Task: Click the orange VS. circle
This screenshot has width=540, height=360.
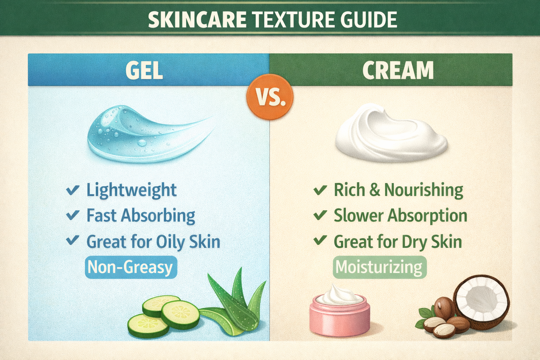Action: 270,97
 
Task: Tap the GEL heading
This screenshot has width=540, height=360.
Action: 144,70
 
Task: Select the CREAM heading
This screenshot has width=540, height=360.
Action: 398,70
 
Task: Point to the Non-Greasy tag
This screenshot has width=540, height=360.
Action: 131,268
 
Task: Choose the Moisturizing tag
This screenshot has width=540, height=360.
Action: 379,268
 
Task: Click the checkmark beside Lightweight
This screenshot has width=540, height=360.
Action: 72,190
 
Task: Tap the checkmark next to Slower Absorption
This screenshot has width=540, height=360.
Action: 320,215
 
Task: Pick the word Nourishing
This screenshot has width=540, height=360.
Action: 423,190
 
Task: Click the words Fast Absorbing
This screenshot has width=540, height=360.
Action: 141,216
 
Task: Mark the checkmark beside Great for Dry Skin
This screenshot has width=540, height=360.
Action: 320,241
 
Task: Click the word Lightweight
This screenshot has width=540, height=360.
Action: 131,190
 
